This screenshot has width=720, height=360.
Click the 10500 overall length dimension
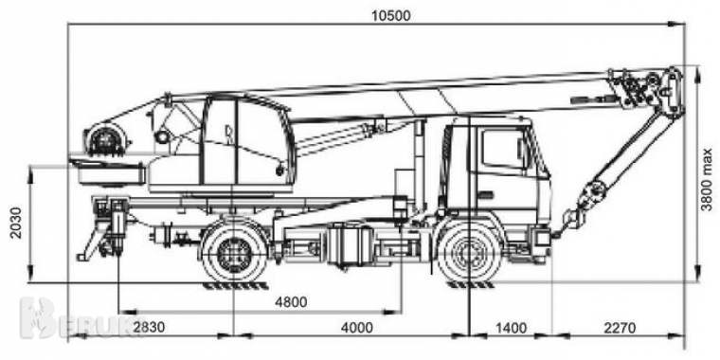pyautogui.click(x=377, y=13)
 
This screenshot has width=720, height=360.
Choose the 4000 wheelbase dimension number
pyautogui.click(x=356, y=328)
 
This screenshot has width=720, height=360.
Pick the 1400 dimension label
pyautogui.click(x=510, y=328)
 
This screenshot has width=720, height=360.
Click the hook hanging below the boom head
pyautogui.click(x=571, y=221)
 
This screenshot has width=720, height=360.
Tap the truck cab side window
pyautogui.click(x=501, y=150)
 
